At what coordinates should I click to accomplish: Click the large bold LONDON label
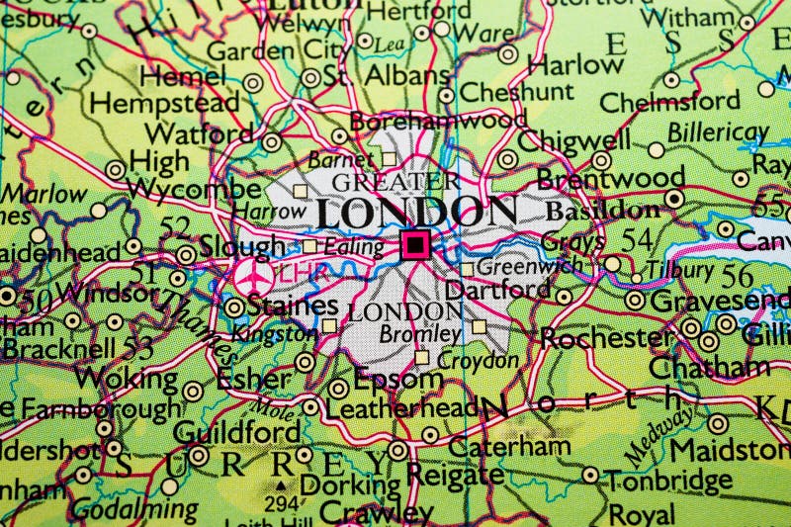[x=416, y=212]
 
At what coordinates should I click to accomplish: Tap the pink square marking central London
[x=415, y=244]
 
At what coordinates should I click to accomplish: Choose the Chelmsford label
[x=669, y=101]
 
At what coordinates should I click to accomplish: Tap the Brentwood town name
[x=610, y=179]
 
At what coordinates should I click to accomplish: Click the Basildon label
[x=603, y=211]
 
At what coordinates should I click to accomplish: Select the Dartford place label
[x=497, y=290]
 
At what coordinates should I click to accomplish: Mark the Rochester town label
[x=606, y=338]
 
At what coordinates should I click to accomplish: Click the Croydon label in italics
[x=479, y=361]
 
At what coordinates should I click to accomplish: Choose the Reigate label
[x=456, y=475]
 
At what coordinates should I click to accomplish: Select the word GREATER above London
[x=395, y=182]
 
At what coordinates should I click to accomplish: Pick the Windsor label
[x=100, y=293]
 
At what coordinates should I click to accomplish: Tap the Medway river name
[x=659, y=436]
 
